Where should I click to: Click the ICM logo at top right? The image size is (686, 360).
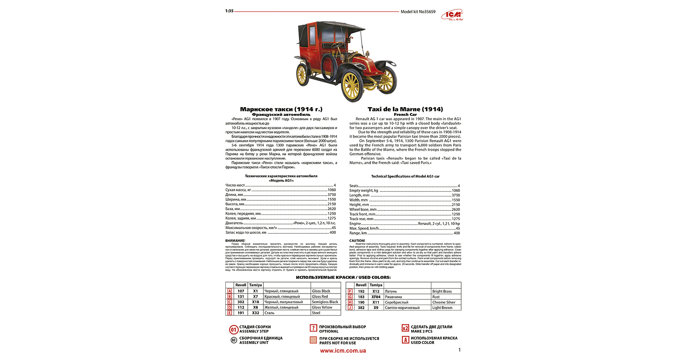pos(453,16)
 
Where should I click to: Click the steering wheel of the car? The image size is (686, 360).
pos(337,44)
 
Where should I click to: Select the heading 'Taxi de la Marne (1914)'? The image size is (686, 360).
pos(405,109)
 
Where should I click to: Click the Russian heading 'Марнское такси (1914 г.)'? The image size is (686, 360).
pos(281,109)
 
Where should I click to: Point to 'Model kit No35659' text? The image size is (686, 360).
pos(418,12)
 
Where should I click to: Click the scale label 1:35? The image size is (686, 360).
pos(229,11)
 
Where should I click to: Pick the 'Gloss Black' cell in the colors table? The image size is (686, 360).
pos(321,291)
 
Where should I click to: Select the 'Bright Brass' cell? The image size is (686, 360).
pos(442,291)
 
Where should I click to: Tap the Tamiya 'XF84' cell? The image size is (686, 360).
pos(376,297)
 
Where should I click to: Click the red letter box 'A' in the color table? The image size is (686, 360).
pos(230,291)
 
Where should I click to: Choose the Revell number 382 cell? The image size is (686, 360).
pos(361,308)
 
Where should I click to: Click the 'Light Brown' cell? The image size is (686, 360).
pos(442,308)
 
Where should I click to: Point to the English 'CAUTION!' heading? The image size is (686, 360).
pos(357,241)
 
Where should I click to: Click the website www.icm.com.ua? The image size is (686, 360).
pos(343,351)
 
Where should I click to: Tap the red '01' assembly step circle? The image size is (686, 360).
pos(234,330)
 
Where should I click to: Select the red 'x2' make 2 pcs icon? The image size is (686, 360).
pos(405,328)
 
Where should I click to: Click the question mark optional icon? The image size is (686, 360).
pos(313,328)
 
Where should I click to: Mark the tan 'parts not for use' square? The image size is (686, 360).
pos(313,340)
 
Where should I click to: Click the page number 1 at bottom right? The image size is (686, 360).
pos(459,350)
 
